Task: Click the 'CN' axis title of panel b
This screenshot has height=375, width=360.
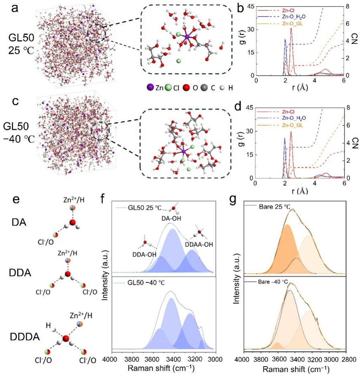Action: pyautogui.click(x=355, y=41)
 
